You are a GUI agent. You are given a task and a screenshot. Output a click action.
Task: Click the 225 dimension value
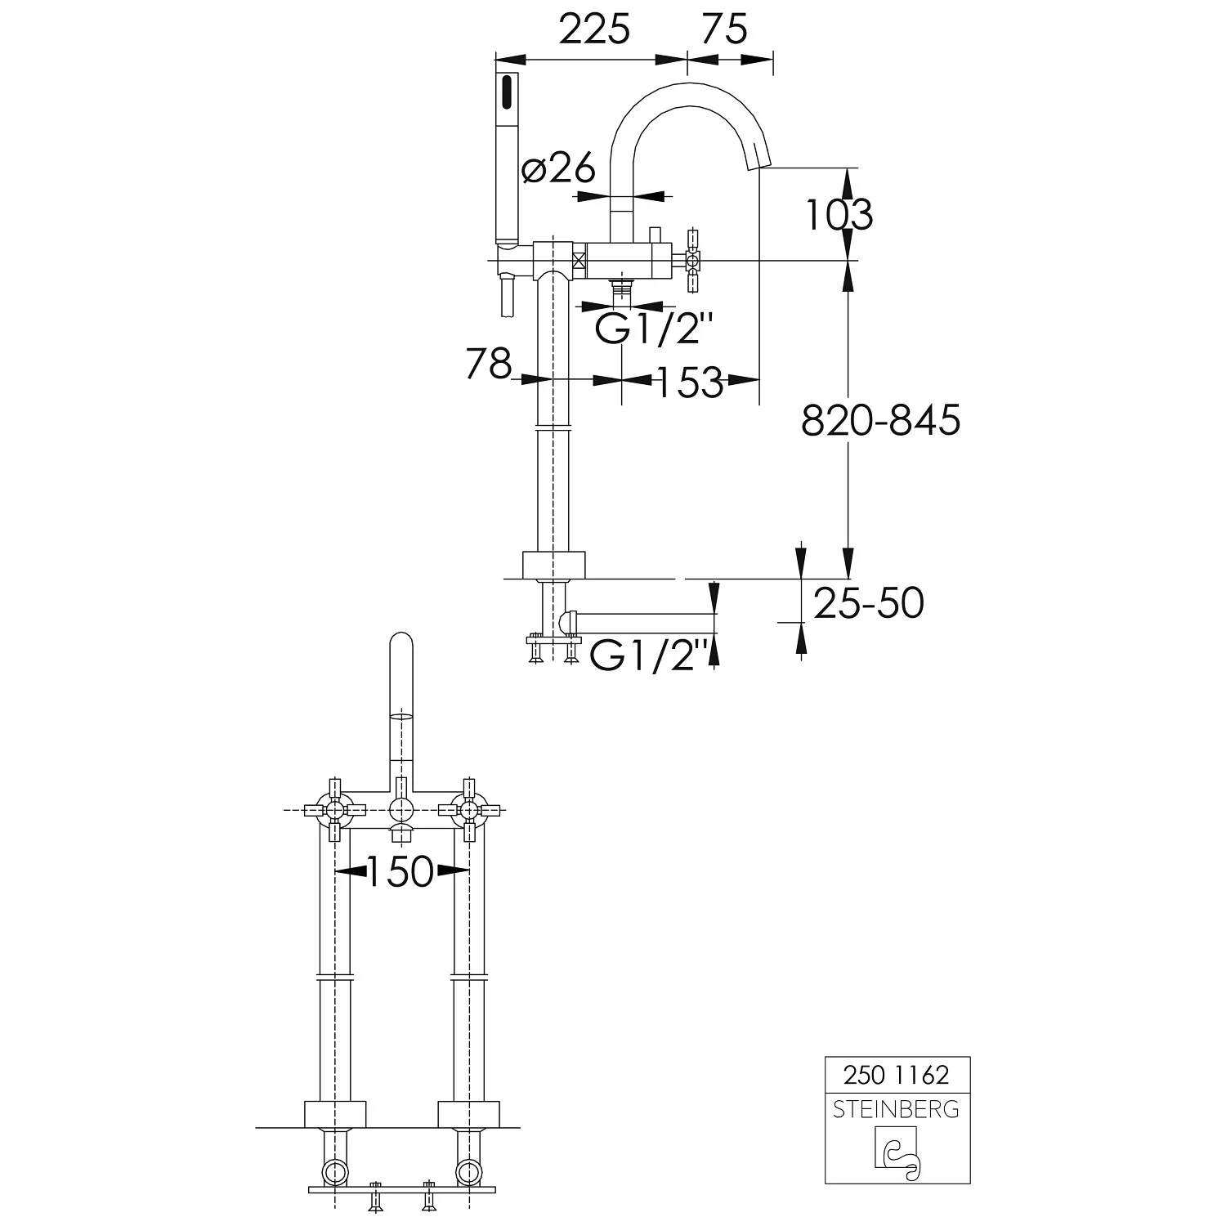pos(594,30)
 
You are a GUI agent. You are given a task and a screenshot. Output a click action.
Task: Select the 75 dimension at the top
pos(725,30)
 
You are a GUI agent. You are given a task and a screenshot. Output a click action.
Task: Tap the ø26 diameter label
pos(559,169)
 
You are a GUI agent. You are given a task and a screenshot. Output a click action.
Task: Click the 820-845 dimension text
pos(880,421)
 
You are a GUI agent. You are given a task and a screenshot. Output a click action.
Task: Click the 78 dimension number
pos(488,364)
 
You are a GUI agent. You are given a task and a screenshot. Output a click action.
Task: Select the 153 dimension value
pos(689,382)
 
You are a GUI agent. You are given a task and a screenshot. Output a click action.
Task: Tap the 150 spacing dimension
pos(399,872)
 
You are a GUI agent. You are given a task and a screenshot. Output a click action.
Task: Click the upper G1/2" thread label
pos(654,330)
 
